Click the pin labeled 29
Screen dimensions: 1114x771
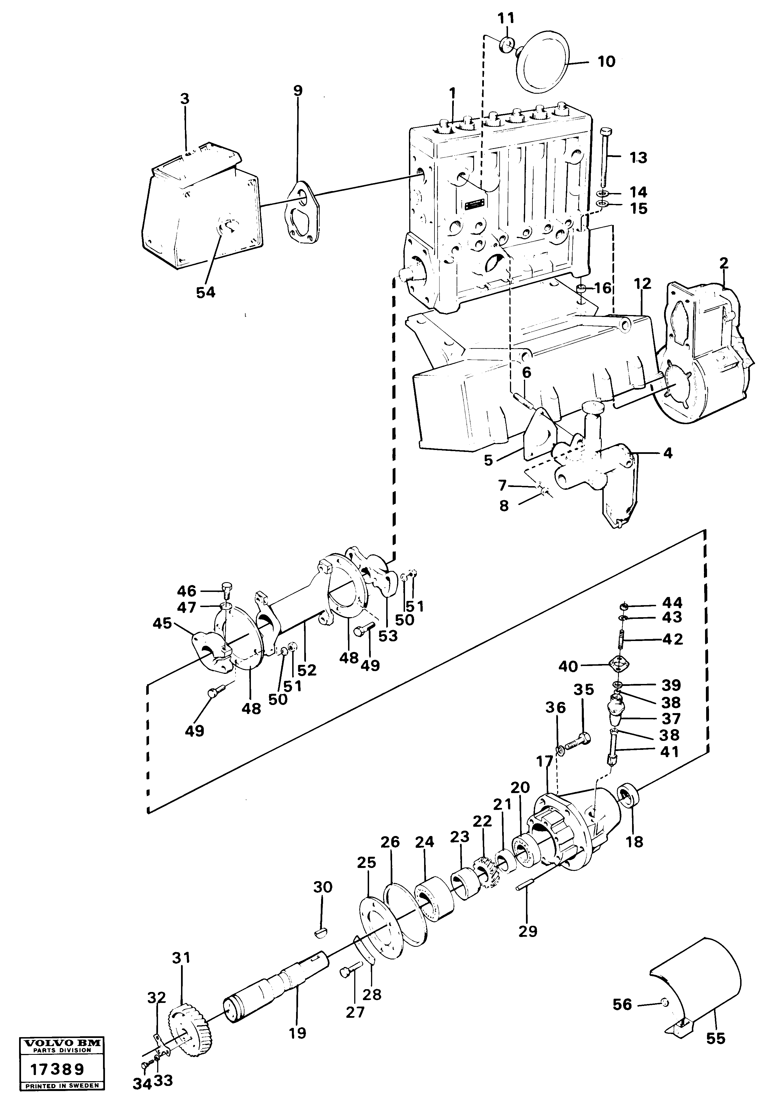(526, 886)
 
